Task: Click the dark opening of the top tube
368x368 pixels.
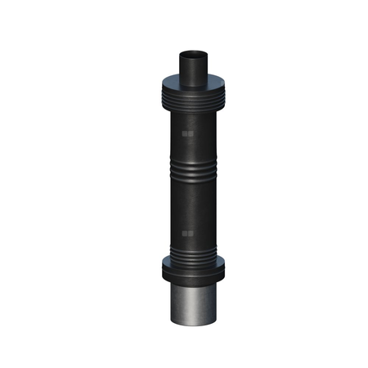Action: coord(192,56)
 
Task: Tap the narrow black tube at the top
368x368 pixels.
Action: coord(192,70)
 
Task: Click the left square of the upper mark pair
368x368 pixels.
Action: coord(185,132)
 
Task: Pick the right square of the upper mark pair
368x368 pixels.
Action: coord(191,132)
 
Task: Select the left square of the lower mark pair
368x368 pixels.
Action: coord(185,234)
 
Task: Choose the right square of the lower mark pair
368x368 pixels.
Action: coord(191,234)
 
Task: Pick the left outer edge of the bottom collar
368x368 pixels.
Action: coord(163,268)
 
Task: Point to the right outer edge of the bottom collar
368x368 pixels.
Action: coord(226,268)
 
